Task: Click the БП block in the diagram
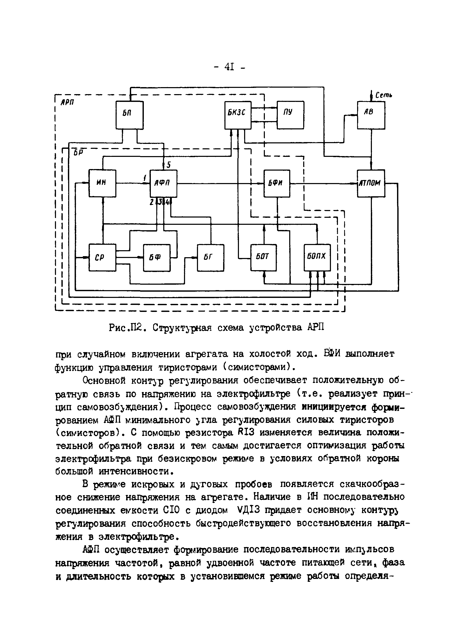coord(129,115)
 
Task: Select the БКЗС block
coord(238,115)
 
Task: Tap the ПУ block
coord(290,115)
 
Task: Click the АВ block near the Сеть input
coord(371,115)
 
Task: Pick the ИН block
coord(102,183)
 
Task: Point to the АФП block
coord(163,183)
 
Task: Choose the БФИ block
coord(277,183)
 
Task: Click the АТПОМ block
coord(371,183)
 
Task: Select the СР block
coord(102,258)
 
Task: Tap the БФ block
coord(157,258)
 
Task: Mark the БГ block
coord(210,258)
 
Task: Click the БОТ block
coord(263,258)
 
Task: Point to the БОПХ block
coord(317,258)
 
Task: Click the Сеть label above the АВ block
coord(383,96)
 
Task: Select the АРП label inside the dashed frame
coord(67,102)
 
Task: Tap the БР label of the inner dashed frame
coord(77,153)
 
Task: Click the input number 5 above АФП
coord(168,165)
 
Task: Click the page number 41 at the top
coord(229,67)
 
